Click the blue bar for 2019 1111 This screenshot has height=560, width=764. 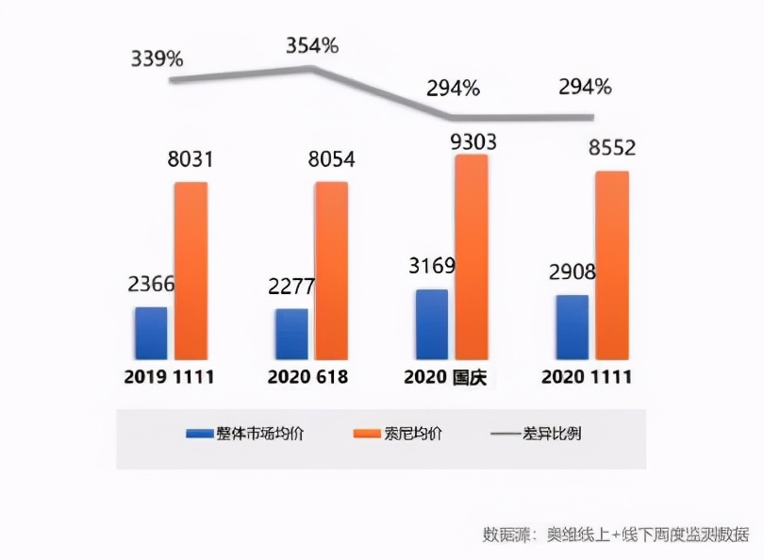point(151,333)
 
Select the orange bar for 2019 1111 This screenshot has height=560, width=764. point(191,271)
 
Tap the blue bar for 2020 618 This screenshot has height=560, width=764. point(291,334)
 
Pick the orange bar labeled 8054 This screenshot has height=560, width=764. point(331,271)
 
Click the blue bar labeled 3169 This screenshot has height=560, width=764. point(432,324)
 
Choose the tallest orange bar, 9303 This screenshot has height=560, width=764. point(472,256)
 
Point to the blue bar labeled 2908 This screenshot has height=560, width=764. point(572,327)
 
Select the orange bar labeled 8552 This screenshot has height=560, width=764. point(612,265)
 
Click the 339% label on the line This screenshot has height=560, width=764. point(157,58)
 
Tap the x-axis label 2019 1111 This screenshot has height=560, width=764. point(170,377)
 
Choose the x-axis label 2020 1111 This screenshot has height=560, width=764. point(587,377)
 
